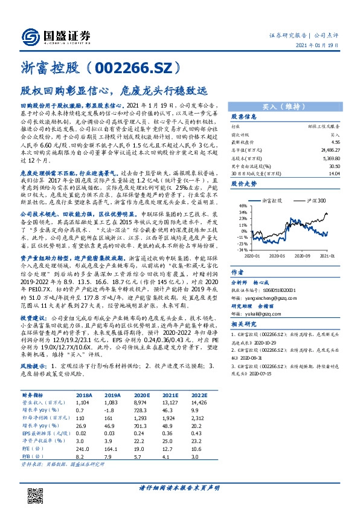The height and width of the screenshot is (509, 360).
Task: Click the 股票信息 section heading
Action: (245, 116)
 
